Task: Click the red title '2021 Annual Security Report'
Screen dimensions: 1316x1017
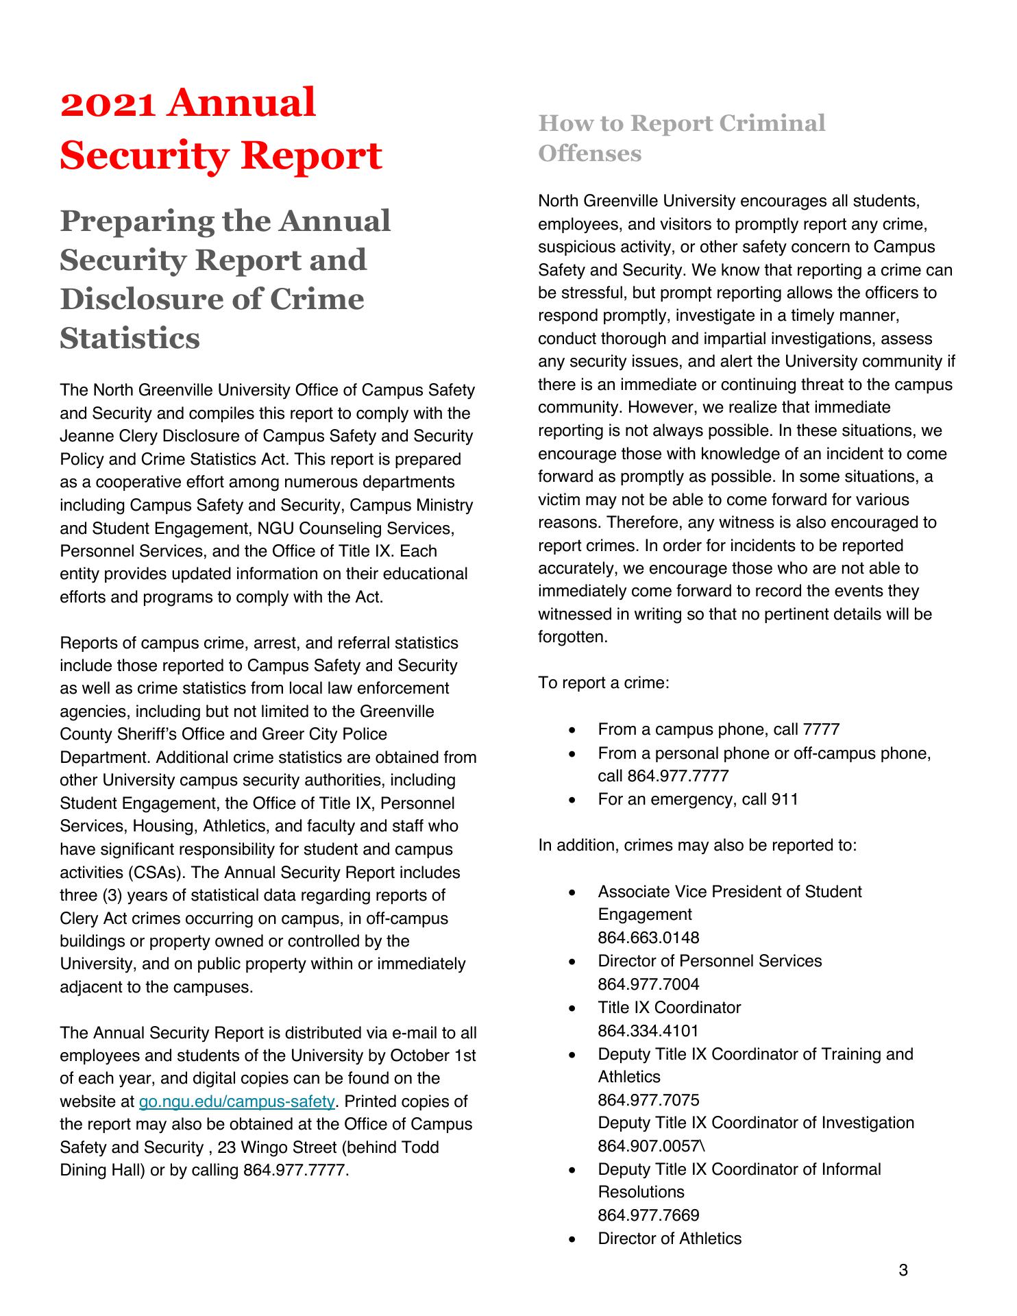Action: coord(221,129)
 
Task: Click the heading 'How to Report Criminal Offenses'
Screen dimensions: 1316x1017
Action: coord(681,138)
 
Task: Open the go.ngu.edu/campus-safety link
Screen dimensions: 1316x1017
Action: coord(236,1101)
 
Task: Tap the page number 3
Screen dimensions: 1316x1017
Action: coord(903,1270)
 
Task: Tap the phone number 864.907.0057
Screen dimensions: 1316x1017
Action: coord(648,1146)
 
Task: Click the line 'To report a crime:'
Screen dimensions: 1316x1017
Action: coord(603,683)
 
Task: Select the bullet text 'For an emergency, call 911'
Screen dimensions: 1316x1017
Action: coord(698,799)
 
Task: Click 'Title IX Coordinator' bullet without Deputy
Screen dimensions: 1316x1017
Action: coord(669,1008)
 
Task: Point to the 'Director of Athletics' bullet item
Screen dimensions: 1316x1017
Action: coord(670,1239)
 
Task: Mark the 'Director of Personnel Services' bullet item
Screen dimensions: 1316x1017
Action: coord(709,961)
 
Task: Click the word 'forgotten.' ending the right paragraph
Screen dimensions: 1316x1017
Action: coord(573,637)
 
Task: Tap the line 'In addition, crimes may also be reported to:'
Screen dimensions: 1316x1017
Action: coord(697,845)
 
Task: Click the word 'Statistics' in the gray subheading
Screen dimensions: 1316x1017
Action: coord(130,338)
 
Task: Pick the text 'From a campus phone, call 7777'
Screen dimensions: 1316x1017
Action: coord(718,729)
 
